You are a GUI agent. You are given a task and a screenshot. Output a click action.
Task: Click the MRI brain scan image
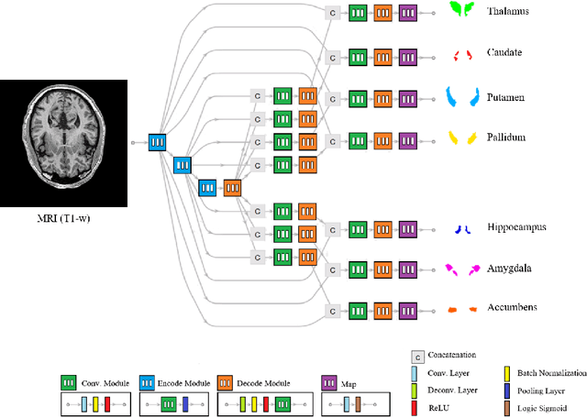(x=61, y=142)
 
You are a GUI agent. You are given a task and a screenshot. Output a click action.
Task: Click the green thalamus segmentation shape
(x=460, y=10)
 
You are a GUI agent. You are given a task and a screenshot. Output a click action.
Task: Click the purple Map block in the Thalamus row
(x=407, y=12)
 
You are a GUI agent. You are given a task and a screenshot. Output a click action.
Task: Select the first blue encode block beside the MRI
(x=158, y=142)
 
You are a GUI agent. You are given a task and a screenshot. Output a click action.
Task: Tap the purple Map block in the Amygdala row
(x=407, y=269)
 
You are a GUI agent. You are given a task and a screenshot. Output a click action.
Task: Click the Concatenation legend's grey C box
(x=416, y=356)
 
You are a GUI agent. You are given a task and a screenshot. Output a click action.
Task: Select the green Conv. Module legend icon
(x=68, y=382)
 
